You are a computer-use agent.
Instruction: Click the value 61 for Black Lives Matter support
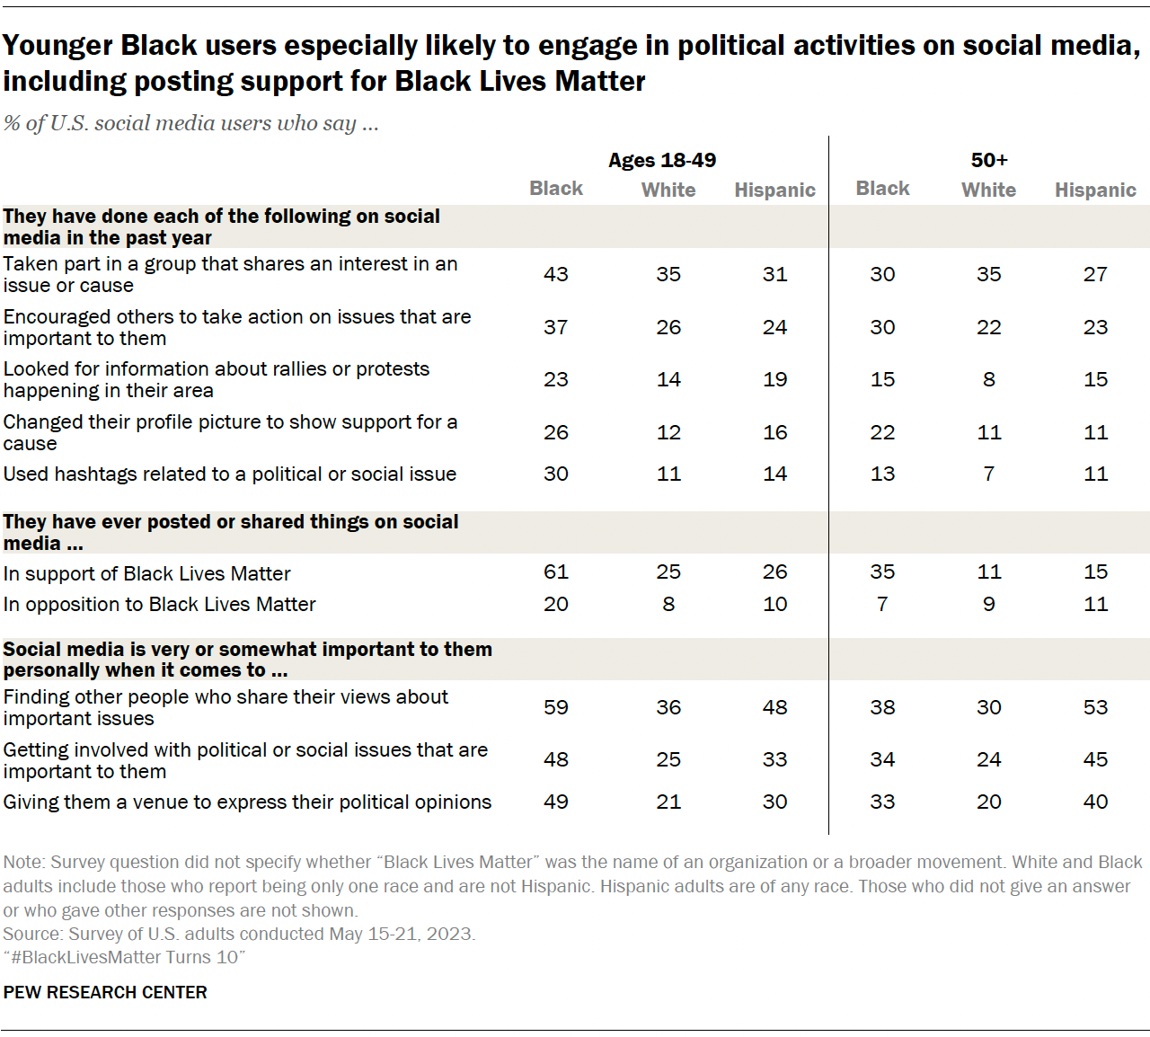(x=555, y=572)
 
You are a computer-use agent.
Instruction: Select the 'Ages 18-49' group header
(x=662, y=160)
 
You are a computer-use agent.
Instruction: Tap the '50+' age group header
(x=988, y=160)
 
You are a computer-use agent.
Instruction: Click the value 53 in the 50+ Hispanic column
(x=1095, y=707)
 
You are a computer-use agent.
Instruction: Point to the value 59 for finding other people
(x=555, y=707)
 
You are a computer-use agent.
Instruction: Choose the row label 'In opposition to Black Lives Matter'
(x=160, y=604)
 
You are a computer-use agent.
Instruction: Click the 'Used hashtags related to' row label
(x=230, y=474)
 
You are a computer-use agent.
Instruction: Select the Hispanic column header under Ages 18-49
(x=774, y=190)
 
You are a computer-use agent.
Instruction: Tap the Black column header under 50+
(x=882, y=189)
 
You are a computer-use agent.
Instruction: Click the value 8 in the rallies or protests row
(x=988, y=379)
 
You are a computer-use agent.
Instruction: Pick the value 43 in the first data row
(x=555, y=274)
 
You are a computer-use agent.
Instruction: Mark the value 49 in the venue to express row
(x=555, y=802)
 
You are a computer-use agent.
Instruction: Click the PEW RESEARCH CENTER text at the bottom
(x=105, y=992)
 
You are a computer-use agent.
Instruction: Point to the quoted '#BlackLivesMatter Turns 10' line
(x=124, y=957)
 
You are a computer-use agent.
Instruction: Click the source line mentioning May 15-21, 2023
(x=239, y=934)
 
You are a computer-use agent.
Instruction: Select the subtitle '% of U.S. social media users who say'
(x=190, y=123)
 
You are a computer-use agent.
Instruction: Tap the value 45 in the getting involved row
(x=1095, y=759)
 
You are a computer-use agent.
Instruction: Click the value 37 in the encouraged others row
(x=555, y=327)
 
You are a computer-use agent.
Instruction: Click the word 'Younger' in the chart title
(x=57, y=46)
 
